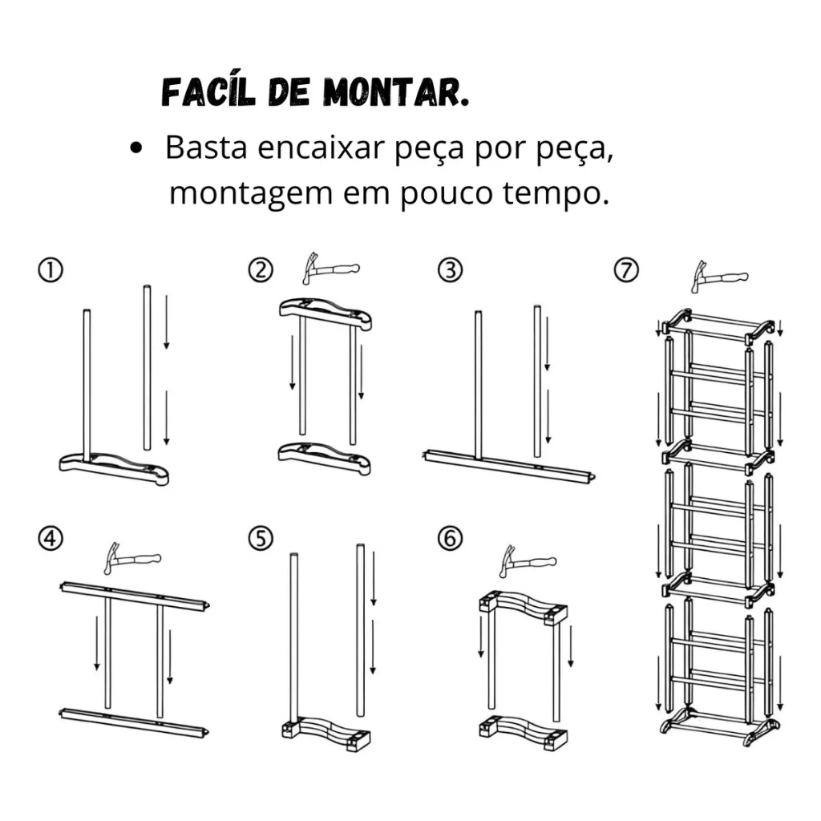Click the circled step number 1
tap(51, 270)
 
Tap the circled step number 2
tap(261, 270)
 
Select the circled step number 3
tap(451, 270)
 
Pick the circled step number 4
tap(51, 538)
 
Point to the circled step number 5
tap(261, 538)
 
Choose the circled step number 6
tap(451, 538)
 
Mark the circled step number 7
tap(626, 270)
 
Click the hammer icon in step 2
tap(330, 269)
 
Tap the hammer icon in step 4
tap(132, 559)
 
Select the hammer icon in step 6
tap(528, 561)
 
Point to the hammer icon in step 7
tap(719, 277)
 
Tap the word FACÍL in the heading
tap(208, 92)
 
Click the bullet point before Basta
tap(135, 148)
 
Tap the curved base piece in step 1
tap(114, 468)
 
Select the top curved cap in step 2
tap(326, 313)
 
